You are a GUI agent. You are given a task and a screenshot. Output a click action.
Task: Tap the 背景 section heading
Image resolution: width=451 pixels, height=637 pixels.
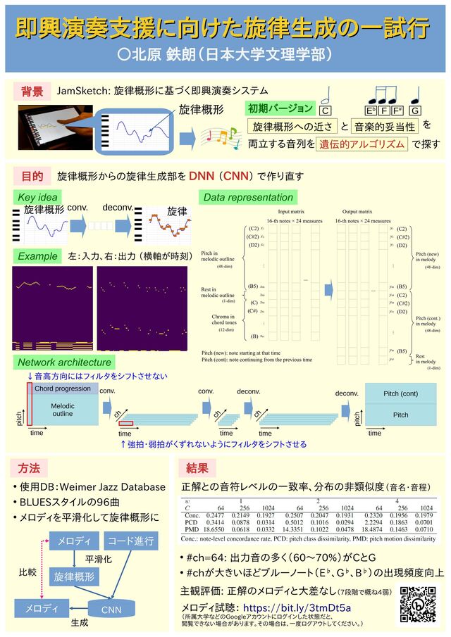[x=32, y=92]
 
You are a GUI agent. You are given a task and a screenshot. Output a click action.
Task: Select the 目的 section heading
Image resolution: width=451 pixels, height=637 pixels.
[x=32, y=175]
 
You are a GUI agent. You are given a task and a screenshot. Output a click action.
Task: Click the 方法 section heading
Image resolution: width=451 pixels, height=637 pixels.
[x=29, y=468]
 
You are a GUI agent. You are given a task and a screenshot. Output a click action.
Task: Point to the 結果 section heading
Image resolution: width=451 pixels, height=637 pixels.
[x=197, y=468]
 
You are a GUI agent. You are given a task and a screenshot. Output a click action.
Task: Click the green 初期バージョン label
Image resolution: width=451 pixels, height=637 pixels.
[x=280, y=108]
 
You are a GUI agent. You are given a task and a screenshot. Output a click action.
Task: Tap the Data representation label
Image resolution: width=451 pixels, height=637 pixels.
[x=247, y=197]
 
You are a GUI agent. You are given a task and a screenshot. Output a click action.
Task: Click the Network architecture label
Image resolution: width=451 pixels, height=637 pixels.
[x=64, y=362]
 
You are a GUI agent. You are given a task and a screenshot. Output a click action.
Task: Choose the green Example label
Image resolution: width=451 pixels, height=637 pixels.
[x=37, y=256]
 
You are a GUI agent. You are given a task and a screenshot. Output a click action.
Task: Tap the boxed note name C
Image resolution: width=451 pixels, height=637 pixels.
[x=326, y=111]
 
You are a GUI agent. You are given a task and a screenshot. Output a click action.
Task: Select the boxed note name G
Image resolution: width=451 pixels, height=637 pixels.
[x=415, y=111]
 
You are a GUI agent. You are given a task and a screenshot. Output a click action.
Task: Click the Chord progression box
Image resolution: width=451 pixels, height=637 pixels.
[x=63, y=389]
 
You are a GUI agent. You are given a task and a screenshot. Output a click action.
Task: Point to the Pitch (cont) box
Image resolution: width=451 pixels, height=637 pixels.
[x=400, y=393]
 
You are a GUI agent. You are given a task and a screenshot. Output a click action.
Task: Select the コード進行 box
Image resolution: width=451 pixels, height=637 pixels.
[x=131, y=541]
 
